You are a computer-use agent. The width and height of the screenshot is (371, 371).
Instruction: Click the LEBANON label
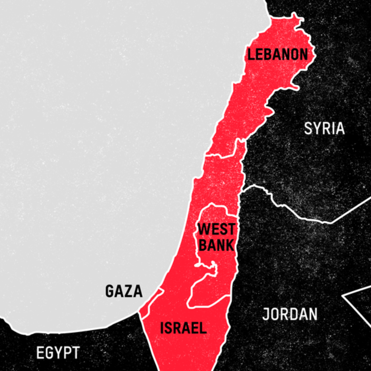pos(278,55)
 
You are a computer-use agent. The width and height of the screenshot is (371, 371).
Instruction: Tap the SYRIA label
pos(324,128)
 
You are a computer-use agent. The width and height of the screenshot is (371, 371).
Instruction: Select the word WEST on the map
pos(216,229)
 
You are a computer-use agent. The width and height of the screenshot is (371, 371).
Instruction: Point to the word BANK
pos(217,245)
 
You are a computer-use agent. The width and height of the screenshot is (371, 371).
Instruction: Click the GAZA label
pos(124,291)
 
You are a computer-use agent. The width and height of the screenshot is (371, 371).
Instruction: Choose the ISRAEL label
pos(183,328)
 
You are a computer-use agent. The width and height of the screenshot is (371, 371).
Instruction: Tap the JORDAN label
pos(290,314)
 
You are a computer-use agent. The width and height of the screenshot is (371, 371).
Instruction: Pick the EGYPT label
pos(58,352)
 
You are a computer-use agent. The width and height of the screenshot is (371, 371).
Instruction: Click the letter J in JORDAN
pos(266,314)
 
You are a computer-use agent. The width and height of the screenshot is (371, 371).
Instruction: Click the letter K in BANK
pos(230,245)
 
